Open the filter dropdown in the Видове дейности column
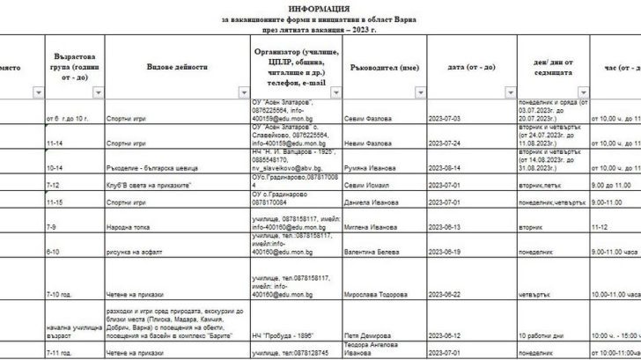[240, 92]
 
